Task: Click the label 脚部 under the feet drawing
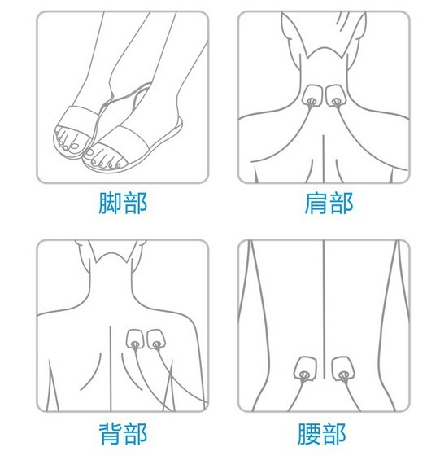pyautogui.click(x=123, y=203)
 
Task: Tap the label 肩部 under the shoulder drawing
pyautogui.click(x=329, y=203)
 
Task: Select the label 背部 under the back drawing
pyautogui.click(x=123, y=434)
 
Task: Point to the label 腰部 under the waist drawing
pyautogui.click(x=322, y=434)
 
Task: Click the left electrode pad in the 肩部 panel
pyautogui.click(x=312, y=95)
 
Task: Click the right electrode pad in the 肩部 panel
pyautogui.click(x=336, y=95)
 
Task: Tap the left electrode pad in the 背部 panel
pyautogui.click(x=135, y=340)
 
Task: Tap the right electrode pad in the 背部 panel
pyautogui.click(x=155, y=340)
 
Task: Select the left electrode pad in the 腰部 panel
pyautogui.click(x=305, y=369)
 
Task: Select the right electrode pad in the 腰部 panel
pyautogui.click(x=343, y=369)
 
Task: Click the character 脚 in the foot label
pyautogui.click(x=110, y=203)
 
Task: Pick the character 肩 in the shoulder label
pyautogui.click(x=316, y=203)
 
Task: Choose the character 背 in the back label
pyautogui.click(x=110, y=434)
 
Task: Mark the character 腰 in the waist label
pyautogui.click(x=309, y=434)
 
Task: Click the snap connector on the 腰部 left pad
pyautogui.click(x=304, y=375)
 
